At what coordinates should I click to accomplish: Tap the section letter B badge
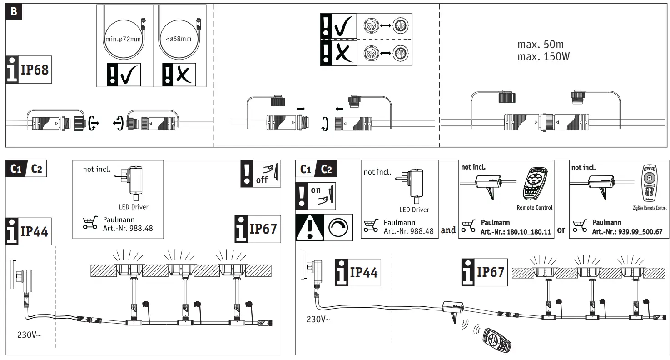click(x=14, y=11)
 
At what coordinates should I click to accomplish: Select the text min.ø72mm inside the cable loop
click(x=123, y=39)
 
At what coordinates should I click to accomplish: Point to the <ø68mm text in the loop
click(x=178, y=39)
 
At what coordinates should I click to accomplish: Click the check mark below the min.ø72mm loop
click(x=129, y=75)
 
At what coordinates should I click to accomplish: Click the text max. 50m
click(x=540, y=45)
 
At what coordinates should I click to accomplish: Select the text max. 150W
click(x=543, y=57)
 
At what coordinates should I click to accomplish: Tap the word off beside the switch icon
click(x=262, y=180)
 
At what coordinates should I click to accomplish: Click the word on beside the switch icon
click(x=316, y=190)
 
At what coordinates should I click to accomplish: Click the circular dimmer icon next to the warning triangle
click(x=338, y=228)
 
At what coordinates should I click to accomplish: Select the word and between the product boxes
click(x=448, y=230)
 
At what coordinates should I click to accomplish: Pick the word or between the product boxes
click(x=561, y=230)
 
